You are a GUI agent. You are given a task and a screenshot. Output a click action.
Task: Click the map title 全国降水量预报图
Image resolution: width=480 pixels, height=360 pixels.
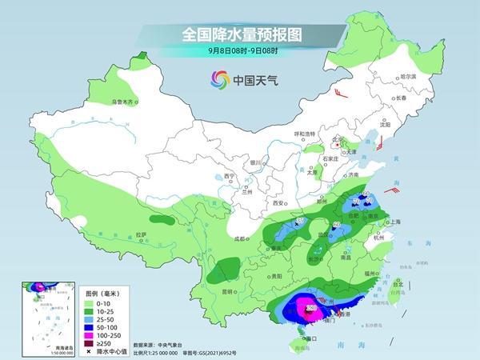tap(239, 34)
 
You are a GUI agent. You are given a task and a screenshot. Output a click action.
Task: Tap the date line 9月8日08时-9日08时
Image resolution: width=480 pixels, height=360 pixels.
tap(239, 51)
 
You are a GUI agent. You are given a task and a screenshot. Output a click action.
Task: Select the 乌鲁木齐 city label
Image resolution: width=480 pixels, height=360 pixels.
tap(126, 102)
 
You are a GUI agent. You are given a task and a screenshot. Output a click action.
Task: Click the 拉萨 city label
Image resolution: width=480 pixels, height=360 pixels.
tap(141, 234)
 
